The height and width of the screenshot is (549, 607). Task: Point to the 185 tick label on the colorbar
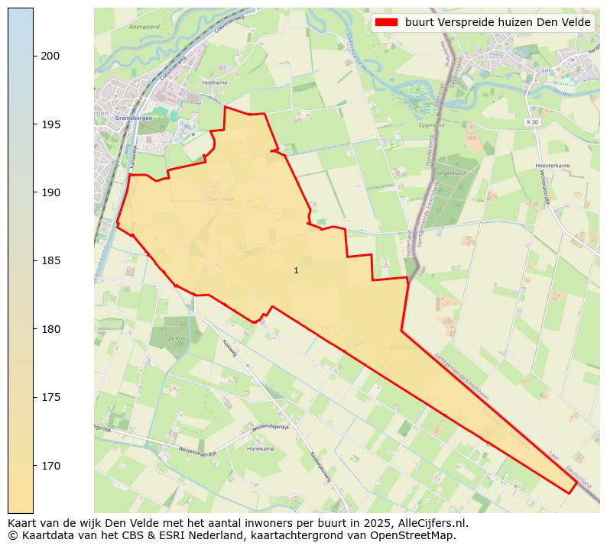pos(51,261)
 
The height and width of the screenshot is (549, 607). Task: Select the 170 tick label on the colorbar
pos(51,466)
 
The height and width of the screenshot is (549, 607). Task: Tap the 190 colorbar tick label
pos(51,192)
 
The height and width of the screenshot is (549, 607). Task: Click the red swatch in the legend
pos(387,23)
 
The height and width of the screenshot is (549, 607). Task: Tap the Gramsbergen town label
pos(129,118)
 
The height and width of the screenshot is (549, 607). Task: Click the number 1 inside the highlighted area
pos(296,271)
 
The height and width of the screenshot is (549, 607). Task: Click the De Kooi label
pos(177,337)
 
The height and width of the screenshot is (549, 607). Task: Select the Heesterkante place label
pos(553,164)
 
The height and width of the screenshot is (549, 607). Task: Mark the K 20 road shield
pos(532,121)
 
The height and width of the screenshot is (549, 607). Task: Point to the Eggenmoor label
pos(432,124)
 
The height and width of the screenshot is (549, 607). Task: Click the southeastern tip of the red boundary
pos(570,493)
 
